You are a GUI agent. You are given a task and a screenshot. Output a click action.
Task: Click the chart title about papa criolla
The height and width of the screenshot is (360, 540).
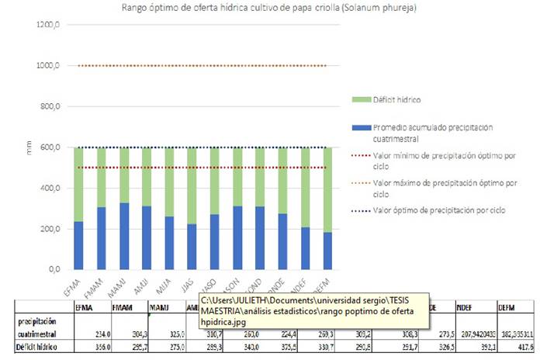(x=270, y=8)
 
